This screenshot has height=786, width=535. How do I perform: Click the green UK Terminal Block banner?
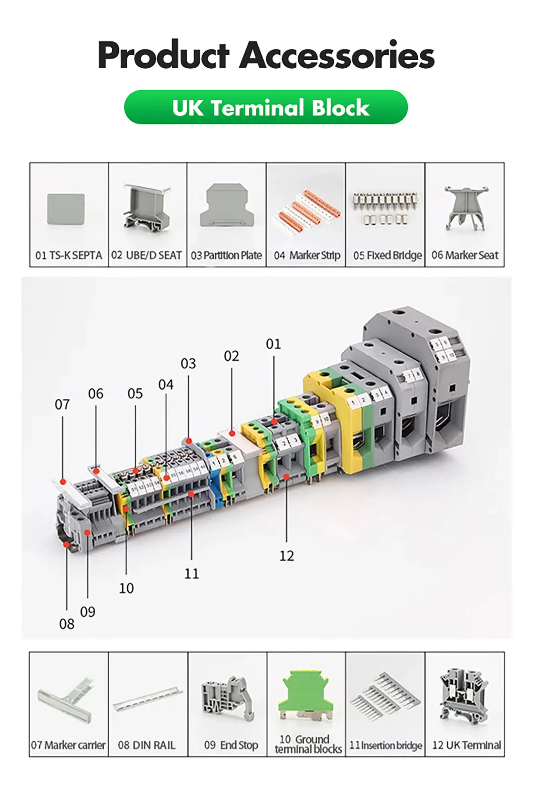[265, 107]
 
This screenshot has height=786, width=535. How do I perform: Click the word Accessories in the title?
[337, 55]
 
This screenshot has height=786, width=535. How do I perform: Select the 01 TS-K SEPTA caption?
[69, 255]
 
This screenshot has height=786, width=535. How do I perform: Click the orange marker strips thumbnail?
[306, 207]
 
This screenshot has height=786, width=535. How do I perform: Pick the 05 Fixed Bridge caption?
[387, 255]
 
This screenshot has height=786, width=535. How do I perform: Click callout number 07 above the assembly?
[62, 405]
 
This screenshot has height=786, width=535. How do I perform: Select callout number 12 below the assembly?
[287, 556]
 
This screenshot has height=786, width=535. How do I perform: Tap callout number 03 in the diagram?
[188, 364]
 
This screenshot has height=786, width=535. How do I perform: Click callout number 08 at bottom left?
[67, 624]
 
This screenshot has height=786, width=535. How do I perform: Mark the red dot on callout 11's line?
[191, 495]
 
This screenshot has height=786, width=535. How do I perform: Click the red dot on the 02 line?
[232, 434]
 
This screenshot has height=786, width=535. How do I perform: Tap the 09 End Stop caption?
[231, 745]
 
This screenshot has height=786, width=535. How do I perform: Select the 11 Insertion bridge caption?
[386, 746]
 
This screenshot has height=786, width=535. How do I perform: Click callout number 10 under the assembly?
[126, 589]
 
